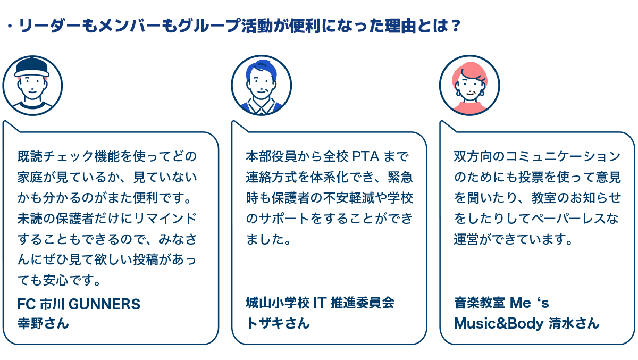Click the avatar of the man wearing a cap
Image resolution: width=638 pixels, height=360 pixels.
32,86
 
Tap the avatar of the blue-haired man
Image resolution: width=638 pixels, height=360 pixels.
261,86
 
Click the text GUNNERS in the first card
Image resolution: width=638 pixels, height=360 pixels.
105,304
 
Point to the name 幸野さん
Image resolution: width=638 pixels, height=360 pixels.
43,323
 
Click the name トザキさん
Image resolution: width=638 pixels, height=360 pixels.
278,323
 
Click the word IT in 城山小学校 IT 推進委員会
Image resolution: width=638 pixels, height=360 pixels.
319,303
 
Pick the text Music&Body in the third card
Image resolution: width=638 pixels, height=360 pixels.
498,323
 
